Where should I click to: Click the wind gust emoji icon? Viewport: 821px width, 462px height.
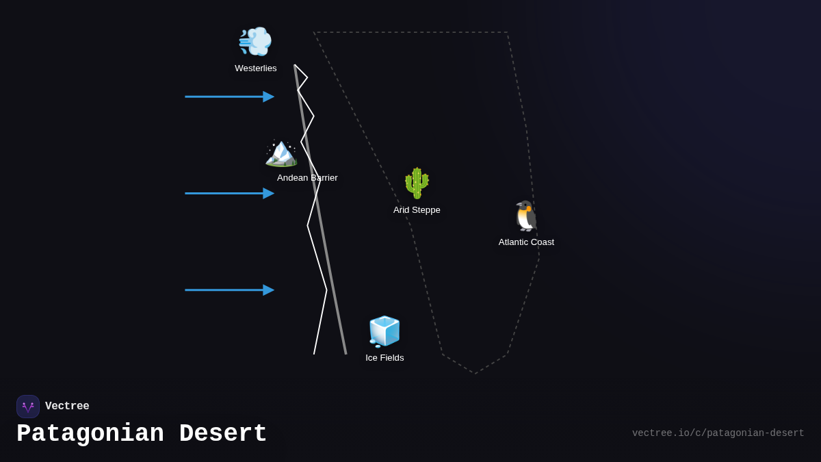[x=255, y=42]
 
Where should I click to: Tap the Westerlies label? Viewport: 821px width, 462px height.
[x=256, y=68]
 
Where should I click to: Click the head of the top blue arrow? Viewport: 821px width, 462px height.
[x=269, y=97]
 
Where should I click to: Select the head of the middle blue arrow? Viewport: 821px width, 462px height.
[x=269, y=194]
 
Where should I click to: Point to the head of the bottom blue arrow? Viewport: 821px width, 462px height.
[x=269, y=290]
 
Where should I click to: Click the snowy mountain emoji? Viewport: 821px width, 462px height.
[x=281, y=152]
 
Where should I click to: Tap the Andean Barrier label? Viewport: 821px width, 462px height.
[x=307, y=178]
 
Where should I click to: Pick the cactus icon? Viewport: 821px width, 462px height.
[x=417, y=183]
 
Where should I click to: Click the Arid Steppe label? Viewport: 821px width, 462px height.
[x=417, y=210]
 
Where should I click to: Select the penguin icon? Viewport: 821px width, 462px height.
[x=526, y=216]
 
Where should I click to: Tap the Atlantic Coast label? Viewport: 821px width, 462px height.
[x=526, y=242]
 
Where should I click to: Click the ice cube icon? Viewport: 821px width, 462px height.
[x=385, y=331]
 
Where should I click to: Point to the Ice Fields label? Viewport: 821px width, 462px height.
[x=385, y=358]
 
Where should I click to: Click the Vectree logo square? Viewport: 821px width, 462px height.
[x=28, y=407]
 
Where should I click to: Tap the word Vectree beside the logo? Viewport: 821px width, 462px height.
[x=67, y=407]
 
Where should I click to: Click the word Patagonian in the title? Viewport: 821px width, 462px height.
[x=90, y=434]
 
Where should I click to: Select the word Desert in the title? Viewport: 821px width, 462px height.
[x=223, y=434]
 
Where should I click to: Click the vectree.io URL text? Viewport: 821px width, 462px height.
[x=718, y=433]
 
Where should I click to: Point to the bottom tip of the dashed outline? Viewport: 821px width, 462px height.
[x=475, y=374]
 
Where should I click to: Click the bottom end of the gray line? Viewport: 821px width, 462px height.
[x=346, y=354]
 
